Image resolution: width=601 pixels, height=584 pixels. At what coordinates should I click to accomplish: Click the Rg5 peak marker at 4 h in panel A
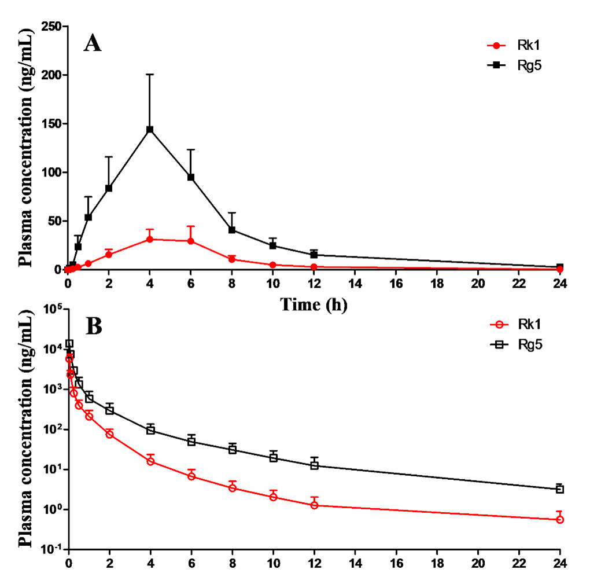[150, 129]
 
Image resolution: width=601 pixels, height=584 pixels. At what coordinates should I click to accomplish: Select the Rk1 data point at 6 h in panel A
[191, 241]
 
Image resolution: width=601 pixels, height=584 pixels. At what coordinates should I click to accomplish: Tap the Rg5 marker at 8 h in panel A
[232, 230]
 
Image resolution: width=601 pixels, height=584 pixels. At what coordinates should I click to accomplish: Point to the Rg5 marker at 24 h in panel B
[560, 489]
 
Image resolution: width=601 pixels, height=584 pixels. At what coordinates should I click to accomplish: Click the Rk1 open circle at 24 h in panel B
[560, 520]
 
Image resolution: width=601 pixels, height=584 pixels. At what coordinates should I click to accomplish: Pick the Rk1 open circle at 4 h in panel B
[150, 461]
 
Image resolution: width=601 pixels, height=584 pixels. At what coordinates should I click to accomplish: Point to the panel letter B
[94, 326]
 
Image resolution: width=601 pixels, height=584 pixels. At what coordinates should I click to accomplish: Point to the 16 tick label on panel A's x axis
[396, 284]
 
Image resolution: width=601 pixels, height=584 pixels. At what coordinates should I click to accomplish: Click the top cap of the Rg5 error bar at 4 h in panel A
[150, 74]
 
